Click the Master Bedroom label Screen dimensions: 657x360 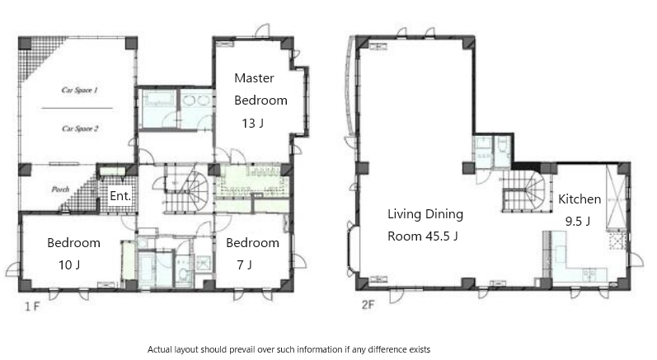(x=260, y=89)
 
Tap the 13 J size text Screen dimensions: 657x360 (x=252, y=124)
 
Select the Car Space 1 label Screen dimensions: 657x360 (x=80, y=90)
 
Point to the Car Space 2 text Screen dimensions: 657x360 (x=80, y=129)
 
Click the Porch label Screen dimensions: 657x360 (x=60, y=189)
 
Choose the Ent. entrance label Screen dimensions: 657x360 (x=120, y=195)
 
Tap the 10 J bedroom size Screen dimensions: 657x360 (x=69, y=265)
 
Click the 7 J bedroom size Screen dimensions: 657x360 (x=244, y=265)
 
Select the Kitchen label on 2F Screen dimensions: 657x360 (x=580, y=199)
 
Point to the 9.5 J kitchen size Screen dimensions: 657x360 (x=578, y=221)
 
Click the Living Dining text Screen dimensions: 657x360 (x=425, y=214)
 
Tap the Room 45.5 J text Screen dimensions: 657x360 (x=422, y=236)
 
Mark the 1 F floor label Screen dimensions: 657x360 (x=32, y=306)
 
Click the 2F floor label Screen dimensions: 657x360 (x=368, y=305)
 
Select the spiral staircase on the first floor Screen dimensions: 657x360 (x=186, y=189)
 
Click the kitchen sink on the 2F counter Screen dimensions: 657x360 (x=589, y=274)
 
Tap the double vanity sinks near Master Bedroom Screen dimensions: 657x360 (x=196, y=101)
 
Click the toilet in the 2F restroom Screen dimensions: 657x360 (x=502, y=146)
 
